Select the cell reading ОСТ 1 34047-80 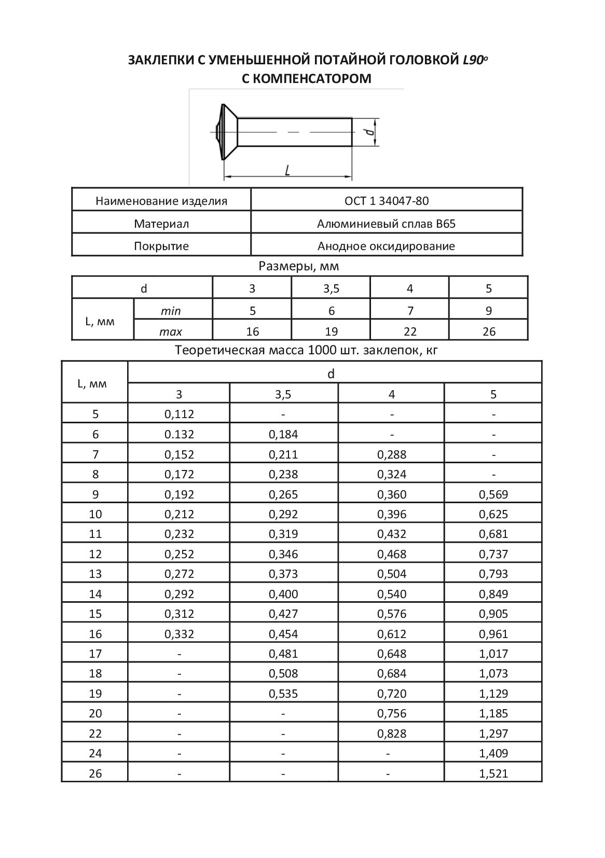(x=387, y=201)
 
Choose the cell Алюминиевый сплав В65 (x=387, y=224)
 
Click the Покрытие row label (x=161, y=246)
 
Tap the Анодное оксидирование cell (x=387, y=246)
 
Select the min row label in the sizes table (x=171, y=311)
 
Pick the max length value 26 (x=489, y=331)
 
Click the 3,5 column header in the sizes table (x=331, y=288)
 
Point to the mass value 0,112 (x=179, y=414)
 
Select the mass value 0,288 (x=392, y=454)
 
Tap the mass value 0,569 (x=493, y=494)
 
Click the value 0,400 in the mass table (x=283, y=594)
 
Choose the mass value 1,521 (x=493, y=773)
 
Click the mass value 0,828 (x=392, y=734)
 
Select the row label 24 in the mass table (x=95, y=753)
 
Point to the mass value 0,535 (x=283, y=694)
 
